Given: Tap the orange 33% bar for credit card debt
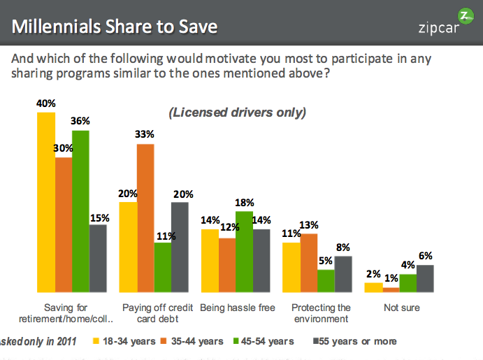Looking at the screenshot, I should point(145,217).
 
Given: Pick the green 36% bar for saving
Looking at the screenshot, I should point(81,210).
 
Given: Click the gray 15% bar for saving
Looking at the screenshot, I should point(98,258).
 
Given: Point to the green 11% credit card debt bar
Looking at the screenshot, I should point(163,267).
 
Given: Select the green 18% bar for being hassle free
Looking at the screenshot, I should point(244,251).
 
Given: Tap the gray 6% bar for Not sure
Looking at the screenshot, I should point(425,278).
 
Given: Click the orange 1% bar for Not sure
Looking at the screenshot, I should point(391,289).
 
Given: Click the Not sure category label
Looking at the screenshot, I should point(401,308).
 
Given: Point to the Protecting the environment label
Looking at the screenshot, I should point(320,313).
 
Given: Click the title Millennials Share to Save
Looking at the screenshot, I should point(115,27).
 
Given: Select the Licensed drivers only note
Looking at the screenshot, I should point(236,112).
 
